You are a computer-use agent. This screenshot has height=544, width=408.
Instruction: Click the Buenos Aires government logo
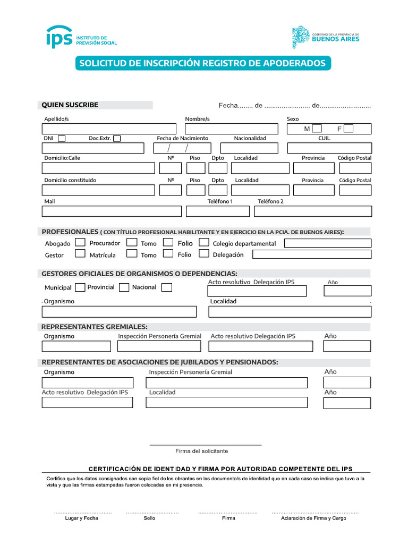326,37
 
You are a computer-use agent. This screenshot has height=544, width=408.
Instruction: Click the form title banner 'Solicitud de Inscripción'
202,63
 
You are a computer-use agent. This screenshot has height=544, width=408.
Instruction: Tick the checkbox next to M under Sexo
317,129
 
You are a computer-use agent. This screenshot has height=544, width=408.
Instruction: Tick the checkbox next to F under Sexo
348,129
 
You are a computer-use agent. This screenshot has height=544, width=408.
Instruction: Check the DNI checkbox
62,139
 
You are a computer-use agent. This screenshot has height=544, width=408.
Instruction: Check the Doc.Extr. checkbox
117,139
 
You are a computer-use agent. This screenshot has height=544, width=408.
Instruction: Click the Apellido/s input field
108,129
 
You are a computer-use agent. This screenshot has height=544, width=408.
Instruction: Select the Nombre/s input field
231,129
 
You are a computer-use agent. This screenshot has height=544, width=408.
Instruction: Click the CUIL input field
329,148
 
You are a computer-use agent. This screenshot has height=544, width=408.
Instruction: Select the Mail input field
112,211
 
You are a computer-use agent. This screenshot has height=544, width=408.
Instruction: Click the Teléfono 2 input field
312,211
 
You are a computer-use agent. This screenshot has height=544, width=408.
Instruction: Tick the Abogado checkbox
80,242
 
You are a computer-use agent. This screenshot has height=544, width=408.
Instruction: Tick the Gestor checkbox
80,253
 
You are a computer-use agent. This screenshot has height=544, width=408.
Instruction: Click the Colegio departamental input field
327,243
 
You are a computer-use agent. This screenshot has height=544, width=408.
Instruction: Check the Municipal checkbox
80,287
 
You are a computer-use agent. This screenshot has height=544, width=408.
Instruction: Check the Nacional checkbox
166,287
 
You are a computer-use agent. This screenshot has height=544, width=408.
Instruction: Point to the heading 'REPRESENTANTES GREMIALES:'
95,327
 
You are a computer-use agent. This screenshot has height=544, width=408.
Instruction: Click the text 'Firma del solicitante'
202,451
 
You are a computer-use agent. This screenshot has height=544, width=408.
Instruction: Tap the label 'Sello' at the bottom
149,518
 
